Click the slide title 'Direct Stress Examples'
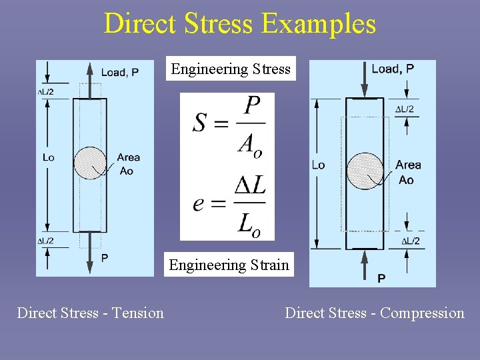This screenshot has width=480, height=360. (x=240, y=24)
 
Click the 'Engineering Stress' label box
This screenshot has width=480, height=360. (x=231, y=69)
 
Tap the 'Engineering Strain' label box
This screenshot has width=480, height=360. (x=229, y=265)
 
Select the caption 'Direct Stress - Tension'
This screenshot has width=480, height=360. (x=90, y=313)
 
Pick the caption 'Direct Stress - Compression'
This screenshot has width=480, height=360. (x=375, y=313)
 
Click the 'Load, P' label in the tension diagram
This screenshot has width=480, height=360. (x=120, y=72)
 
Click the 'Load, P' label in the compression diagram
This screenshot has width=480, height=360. (x=393, y=68)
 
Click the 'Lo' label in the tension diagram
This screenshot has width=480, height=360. (x=48, y=157)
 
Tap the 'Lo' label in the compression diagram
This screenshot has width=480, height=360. (x=319, y=165)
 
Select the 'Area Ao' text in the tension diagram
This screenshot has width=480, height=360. (x=128, y=164)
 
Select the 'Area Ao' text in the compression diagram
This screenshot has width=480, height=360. (x=407, y=172)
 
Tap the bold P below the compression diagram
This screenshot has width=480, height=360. (x=381, y=278)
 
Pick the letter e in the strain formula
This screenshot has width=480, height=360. (x=199, y=203)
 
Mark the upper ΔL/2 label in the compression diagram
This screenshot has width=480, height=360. (x=405, y=109)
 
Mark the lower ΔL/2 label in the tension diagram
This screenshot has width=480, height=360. (x=45, y=241)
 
